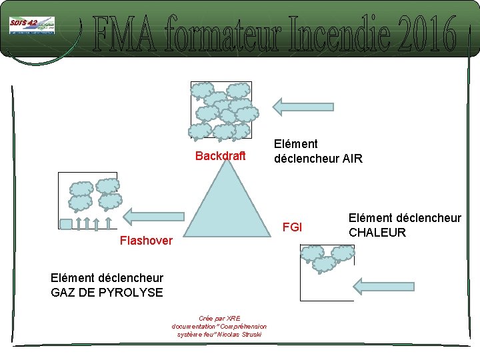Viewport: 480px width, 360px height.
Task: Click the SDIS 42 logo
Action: click(x=31, y=26)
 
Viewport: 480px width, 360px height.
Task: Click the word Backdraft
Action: click(x=221, y=156)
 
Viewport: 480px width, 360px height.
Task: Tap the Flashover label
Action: click(x=145, y=240)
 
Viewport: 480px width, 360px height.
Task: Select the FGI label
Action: click(x=293, y=227)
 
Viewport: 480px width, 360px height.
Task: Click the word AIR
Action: click(x=351, y=159)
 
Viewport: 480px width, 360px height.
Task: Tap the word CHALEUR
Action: click(x=377, y=233)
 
